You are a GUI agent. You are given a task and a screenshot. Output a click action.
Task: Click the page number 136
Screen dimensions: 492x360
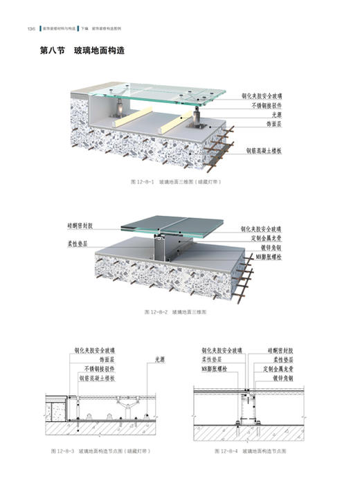coord(30,29)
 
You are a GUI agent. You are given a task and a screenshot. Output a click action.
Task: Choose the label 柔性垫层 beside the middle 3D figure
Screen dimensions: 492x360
coord(85,244)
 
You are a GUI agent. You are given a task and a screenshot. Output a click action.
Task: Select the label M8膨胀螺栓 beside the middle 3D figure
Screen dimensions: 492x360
coord(264,257)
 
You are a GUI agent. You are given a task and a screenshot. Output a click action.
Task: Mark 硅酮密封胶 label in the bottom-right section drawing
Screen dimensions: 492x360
coord(281,351)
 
